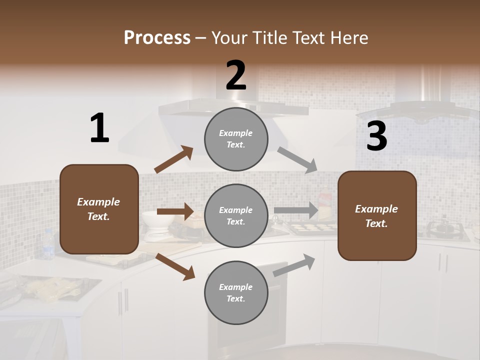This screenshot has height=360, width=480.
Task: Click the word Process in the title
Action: click(157, 37)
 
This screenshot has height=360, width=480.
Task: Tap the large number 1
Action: click(99, 128)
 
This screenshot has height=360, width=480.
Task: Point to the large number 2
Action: click(236, 75)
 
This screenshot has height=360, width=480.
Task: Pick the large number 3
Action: click(376, 136)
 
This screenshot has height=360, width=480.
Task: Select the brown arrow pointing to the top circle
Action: click(174, 159)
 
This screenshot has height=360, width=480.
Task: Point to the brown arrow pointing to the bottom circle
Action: click(175, 266)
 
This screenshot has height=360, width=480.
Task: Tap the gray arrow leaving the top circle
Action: click(297, 160)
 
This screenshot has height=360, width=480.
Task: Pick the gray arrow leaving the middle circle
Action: click(296, 210)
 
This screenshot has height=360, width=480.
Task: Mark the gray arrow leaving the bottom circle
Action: click(294, 265)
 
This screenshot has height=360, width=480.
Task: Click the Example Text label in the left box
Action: click(98, 209)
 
